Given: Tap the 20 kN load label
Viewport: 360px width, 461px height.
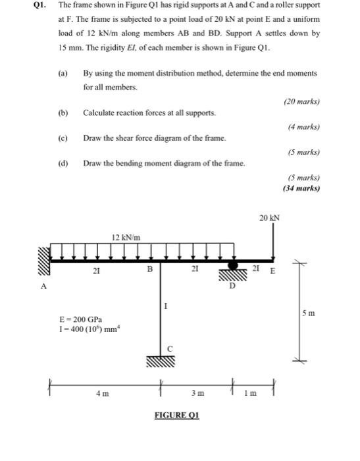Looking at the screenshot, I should point(269,217).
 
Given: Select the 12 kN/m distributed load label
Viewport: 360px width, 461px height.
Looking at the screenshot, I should point(125,237).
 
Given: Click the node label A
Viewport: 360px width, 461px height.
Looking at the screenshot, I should point(44,286).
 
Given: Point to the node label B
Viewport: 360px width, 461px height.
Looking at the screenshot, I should point(149,269).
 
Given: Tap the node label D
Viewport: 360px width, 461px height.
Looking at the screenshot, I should point(232,285).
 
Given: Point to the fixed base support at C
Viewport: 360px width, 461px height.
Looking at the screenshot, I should point(161,362).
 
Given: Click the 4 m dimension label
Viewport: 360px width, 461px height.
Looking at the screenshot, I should point(102,393).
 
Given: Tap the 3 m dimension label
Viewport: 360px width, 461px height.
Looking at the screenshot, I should point(197,393).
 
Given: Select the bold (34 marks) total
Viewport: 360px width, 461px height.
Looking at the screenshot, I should point(301,188).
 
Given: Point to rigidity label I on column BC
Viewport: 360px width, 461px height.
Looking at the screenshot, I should point(166,305).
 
